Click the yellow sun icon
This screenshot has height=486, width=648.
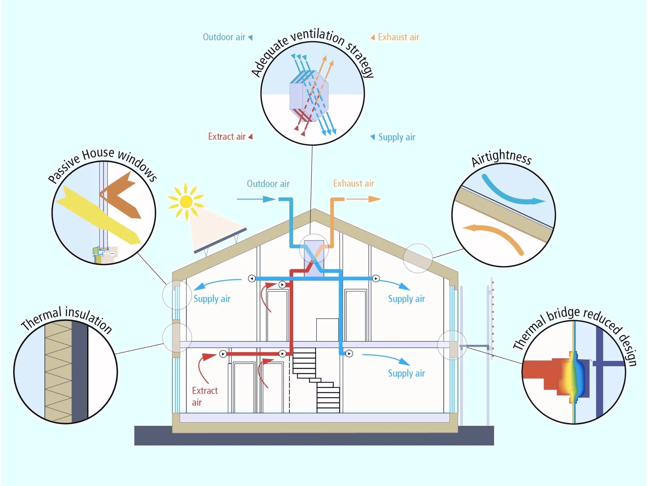pyautogui.click(x=186, y=201)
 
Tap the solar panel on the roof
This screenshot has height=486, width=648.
pyautogui.click(x=220, y=240)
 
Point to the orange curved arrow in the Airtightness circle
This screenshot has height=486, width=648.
pyautogui.click(x=496, y=235)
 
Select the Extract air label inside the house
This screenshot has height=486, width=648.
pyautogui.click(x=204, y=396)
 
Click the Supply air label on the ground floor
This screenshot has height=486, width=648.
pyautogui.click(x=406, y=373)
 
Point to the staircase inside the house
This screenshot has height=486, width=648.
pyautogui.click(x=316, y=379)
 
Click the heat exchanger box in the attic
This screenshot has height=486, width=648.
pyautogui.click(x=314, y=258)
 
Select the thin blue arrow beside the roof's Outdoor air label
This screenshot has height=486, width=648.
pyautogui.click(x=256, y=199)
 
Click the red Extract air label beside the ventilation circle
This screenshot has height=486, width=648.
pyautogui.click(x=227, y=137)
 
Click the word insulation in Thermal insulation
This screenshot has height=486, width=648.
pyautogui.click(x=88, y=319)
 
